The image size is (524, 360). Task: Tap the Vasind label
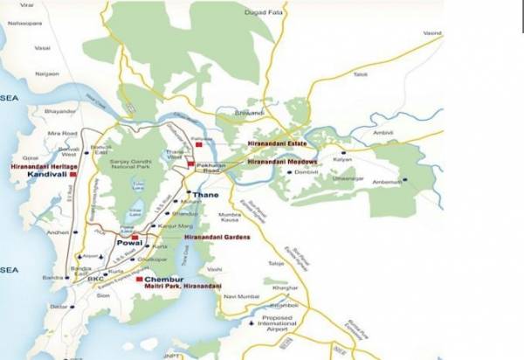click(432, 33)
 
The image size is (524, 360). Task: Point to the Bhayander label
click(61, 112)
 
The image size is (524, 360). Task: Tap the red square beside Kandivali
click(74, 175)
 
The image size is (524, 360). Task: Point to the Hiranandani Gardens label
click(217, 237)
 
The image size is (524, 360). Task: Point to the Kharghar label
click(275, 287)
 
